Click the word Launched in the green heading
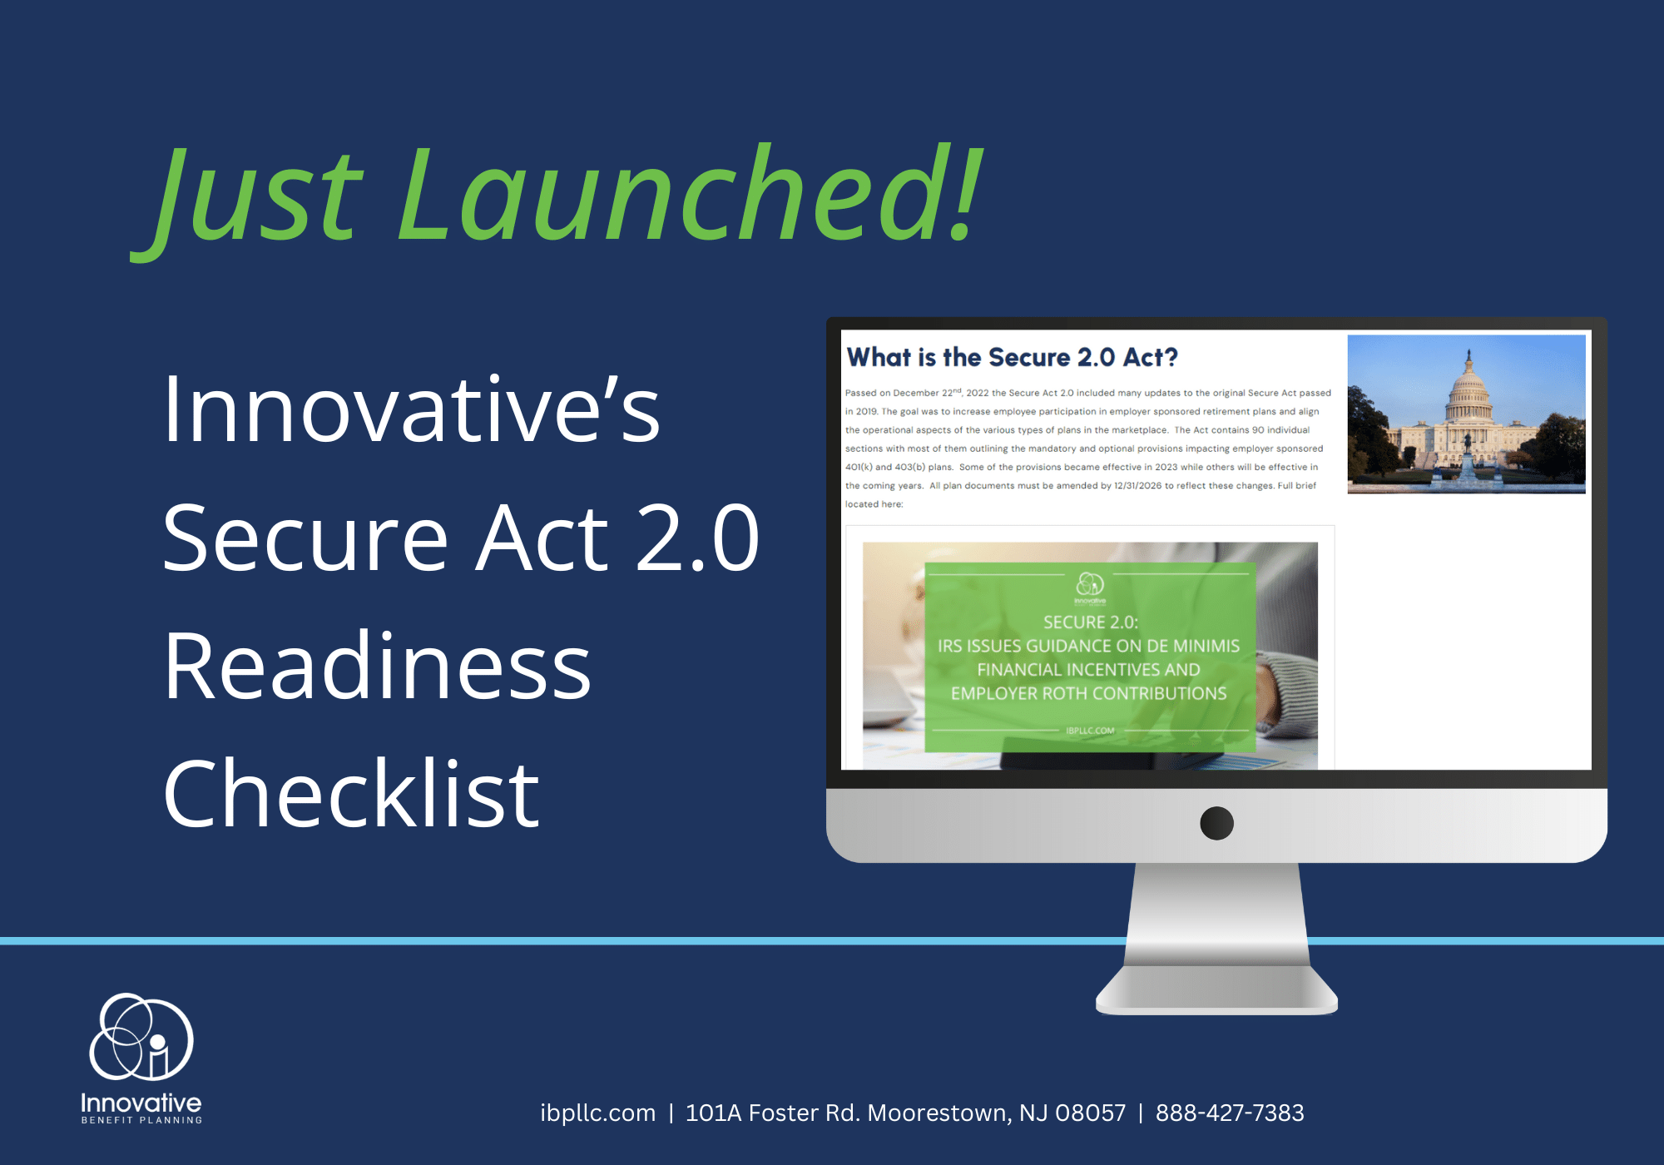(x=691, y=193)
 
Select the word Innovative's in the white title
(x=411, y=409)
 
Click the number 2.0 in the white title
(x=697, y=538)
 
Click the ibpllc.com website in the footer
(x=597, y=1113)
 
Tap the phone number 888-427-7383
(x=1230, y=1113)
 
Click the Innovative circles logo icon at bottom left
(x=141, y=1037)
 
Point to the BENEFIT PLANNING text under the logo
(x=141, y=1120)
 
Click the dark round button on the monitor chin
(x=1216, y=823)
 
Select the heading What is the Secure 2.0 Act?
(x=1013, y=357)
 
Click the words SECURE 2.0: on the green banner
(x=1090, y=622)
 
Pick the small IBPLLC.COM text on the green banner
(x=1090, y=731)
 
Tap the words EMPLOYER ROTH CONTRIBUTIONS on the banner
(x=1088, y=693)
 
